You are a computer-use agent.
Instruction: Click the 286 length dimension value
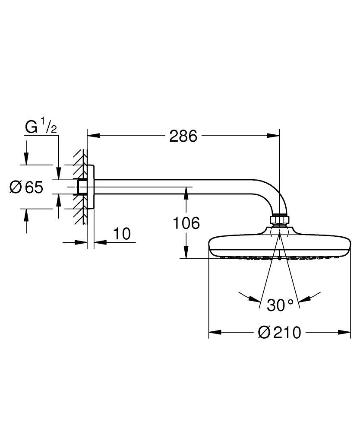(x=183, y=136)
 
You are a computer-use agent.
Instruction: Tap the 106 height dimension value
(x=186, y=223)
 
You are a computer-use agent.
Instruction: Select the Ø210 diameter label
(x=279, y=333)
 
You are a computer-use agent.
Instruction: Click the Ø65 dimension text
(x=27, y=187)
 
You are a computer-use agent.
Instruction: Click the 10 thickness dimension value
(x=122, y=234)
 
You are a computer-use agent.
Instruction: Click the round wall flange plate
(x=91, y=187)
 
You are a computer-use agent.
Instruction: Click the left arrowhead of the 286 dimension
(x=93, y=136)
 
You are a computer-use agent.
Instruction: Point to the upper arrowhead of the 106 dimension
(x=186, y=193)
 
